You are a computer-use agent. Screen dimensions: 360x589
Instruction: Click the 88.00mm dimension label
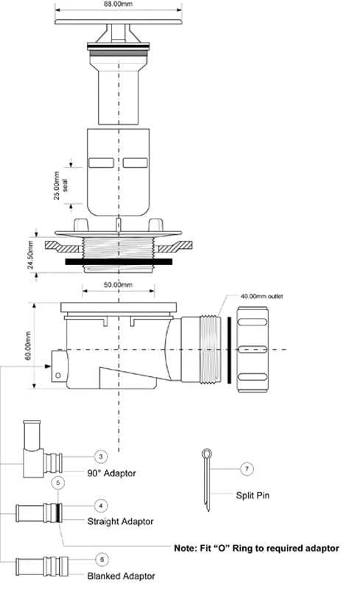(x=118, y=4)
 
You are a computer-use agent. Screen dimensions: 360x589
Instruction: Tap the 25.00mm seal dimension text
(x=61, y=186)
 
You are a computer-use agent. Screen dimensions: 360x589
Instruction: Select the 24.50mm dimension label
(x=31, y=255)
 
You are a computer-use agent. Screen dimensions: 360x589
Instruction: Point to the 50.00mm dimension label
(x=118, y=284)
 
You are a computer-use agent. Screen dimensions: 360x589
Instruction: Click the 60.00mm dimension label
(x=29, y=346)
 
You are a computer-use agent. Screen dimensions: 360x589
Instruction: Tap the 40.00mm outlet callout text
(x=261, y=297)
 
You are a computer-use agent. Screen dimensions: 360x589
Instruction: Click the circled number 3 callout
(x=101, y=456)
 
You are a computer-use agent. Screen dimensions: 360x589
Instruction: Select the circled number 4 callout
(x=101, y=506)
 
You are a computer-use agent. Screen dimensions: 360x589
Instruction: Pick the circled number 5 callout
(x=58, y=483)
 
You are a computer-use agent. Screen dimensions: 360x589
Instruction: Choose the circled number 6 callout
(x=102, y=560)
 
